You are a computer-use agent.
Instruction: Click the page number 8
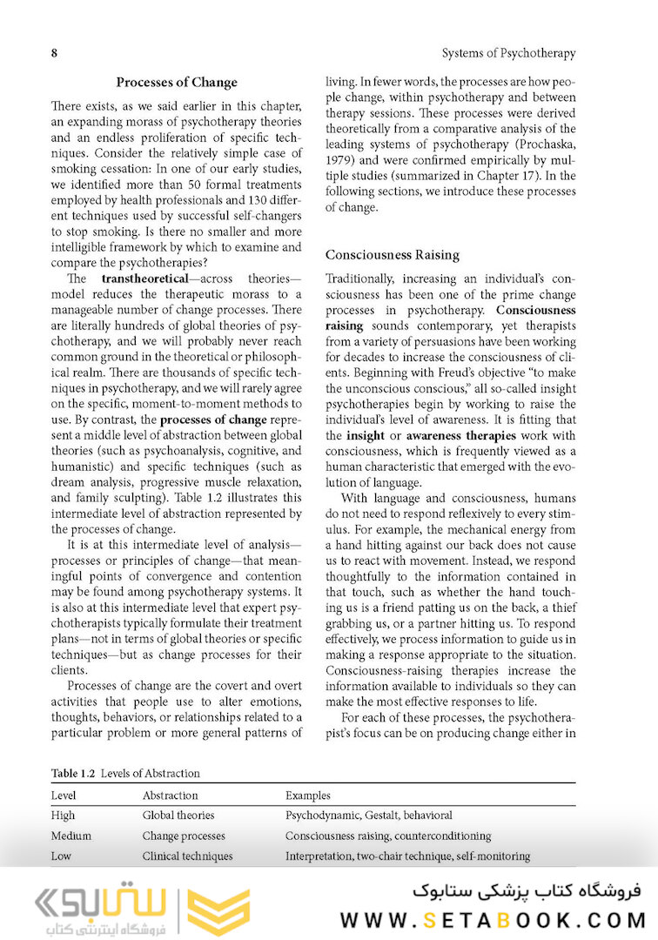(54, 53)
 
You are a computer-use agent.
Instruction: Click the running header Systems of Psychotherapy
(508, 53)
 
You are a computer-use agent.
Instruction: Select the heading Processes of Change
(177, 83)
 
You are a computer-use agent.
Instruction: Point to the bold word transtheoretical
(144, 279)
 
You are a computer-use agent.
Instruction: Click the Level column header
(64, 796)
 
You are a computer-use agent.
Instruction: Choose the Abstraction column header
(170, 796)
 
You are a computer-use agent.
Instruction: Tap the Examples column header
(308, 796)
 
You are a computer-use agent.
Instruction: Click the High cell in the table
(63, 816)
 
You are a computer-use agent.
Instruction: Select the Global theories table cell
(178, 816)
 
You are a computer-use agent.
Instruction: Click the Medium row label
(71, 836)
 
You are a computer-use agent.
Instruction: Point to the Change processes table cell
(184, 836)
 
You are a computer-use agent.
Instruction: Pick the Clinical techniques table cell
(187, 856)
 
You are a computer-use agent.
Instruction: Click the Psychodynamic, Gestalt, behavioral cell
(369, 816)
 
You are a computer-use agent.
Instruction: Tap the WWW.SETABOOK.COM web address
(493, 920)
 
